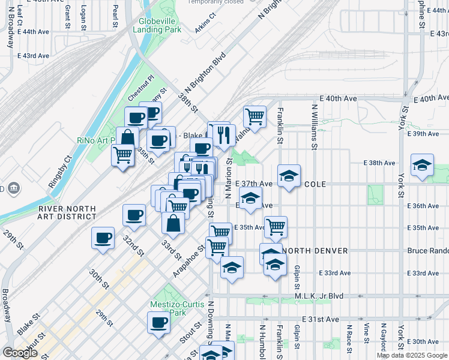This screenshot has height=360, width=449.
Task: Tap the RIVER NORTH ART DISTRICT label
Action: pyautogui.click(x=67, y=213)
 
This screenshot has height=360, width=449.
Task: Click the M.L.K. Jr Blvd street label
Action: pyautogui.click(x=318, y=296)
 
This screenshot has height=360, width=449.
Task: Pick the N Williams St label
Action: pyautogui.click(x=314, y=127)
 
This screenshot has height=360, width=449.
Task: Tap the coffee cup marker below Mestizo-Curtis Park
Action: pyautogui.click(x=159, y=323)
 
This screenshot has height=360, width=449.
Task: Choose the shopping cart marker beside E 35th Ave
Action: pyautogui.click(x=276, y=227)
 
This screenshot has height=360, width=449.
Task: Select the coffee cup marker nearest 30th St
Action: pyautogui.click(x=103, y=238)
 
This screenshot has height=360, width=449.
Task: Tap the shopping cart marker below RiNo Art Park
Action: pyautogui.click(x=123, y=155)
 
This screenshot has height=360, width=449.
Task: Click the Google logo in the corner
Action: pyautogui.click(x=20, y=353)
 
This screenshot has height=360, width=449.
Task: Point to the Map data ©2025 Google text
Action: pyautogui.click(x=411, y=355)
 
